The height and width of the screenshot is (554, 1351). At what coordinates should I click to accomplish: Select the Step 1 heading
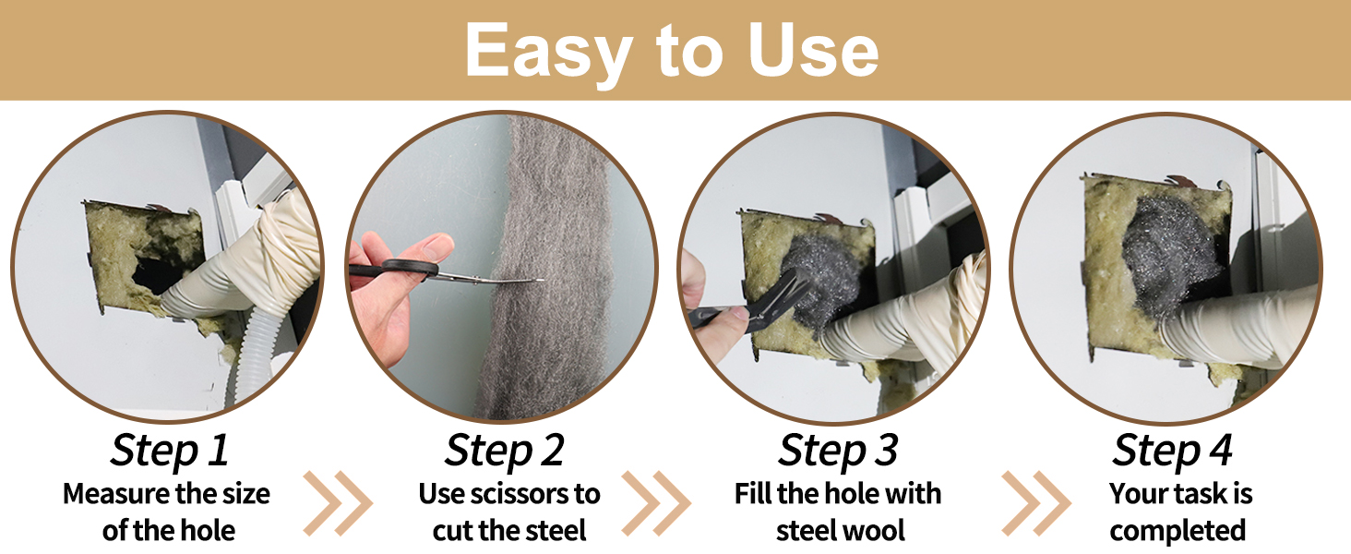[170, 451]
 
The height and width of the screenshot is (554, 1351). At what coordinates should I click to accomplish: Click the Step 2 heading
[504, 451]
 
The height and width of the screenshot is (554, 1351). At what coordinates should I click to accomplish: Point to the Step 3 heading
[838, 451]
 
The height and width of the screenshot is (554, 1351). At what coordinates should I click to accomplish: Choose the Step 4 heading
[1173, 451]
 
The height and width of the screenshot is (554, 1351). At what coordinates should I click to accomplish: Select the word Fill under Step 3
[753, 494]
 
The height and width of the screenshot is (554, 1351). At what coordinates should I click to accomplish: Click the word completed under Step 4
[1178, 532]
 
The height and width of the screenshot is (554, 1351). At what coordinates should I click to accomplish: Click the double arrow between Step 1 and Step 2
[339, 503]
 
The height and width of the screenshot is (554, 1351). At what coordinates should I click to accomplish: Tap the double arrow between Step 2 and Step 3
[656, 503]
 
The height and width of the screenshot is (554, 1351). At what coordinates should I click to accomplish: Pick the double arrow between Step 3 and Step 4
[1036, 503]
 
